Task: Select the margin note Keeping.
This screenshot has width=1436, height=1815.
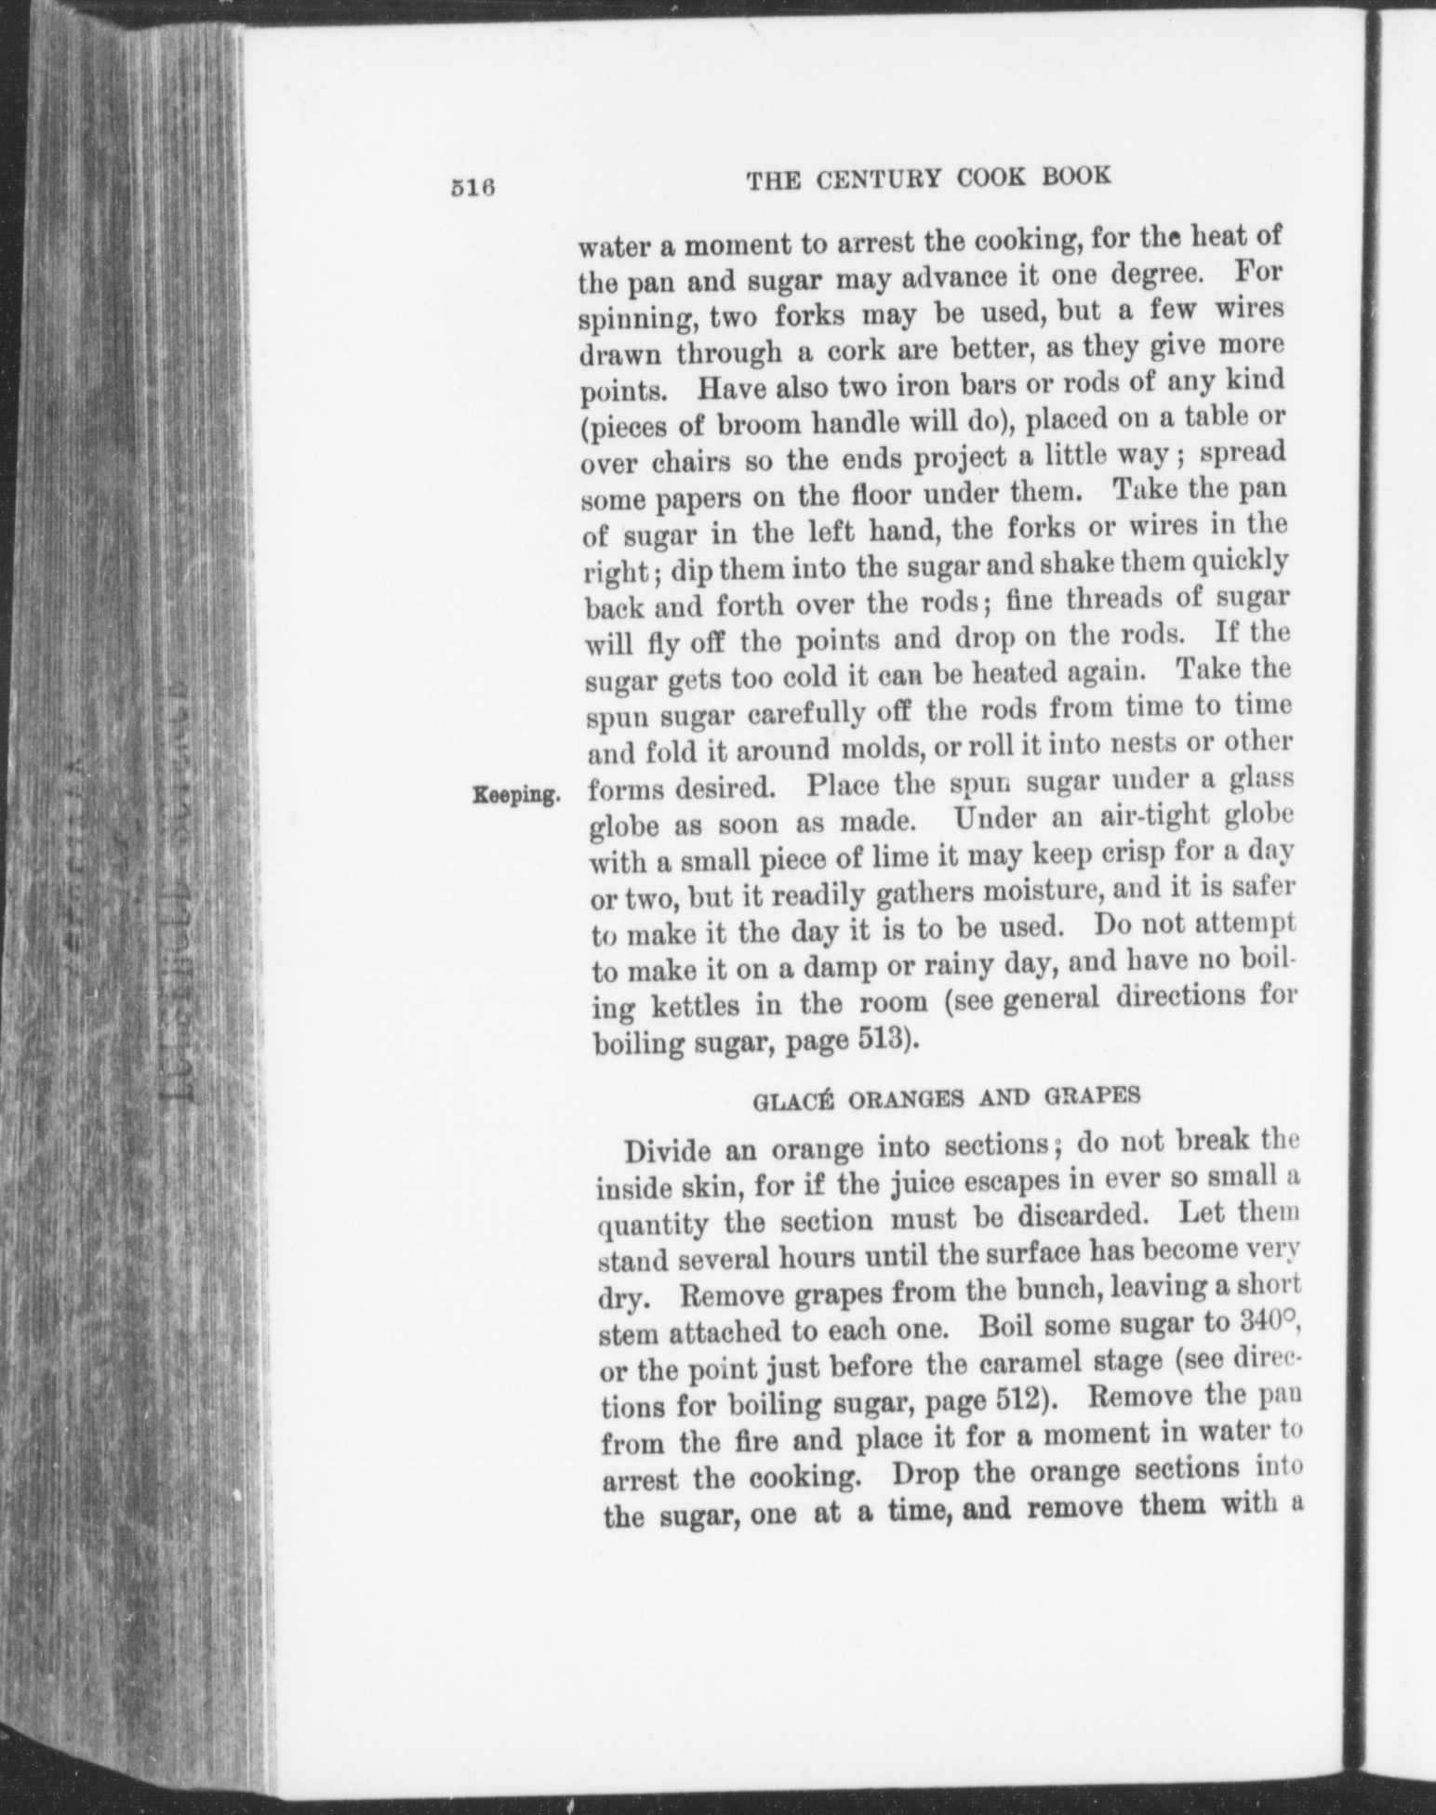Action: pyautogui.click(x=516, y=795)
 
